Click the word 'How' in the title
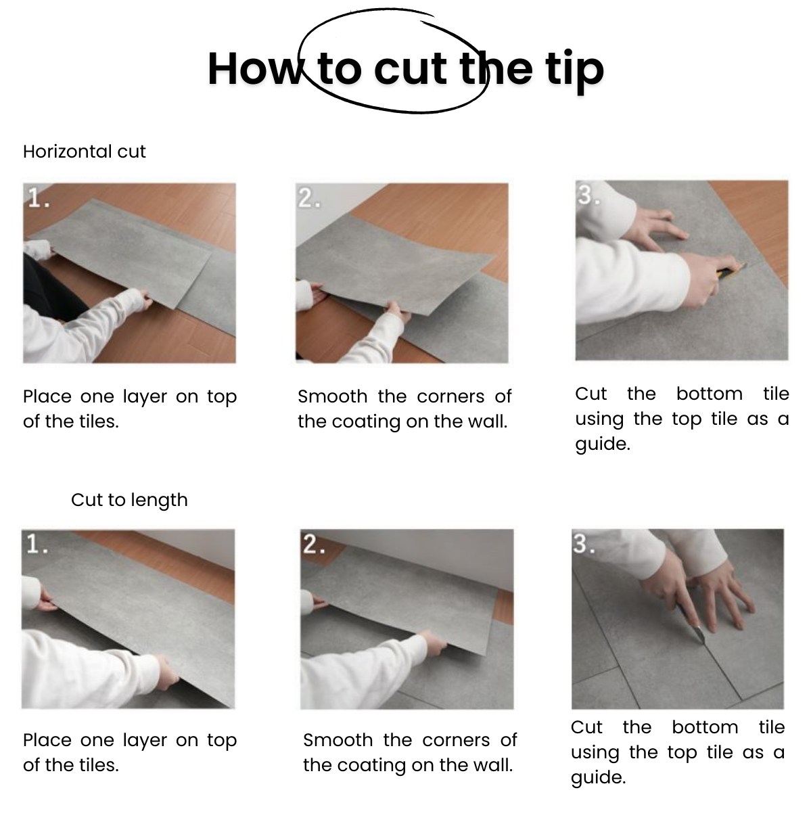tap(255, 69)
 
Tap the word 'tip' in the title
tap(575, 71)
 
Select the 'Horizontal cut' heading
tap(85, 152)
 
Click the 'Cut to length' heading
tap(129, 500)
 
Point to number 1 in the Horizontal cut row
tap(39, 198)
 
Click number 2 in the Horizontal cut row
tap(309, 198)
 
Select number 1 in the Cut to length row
tap(37, 544)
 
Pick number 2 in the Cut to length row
tap(314, 544)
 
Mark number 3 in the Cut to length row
tap(584, 544)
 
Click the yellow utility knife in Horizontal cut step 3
tap(731, 271)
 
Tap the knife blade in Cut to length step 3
tap(700, 636)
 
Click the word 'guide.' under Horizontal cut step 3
tap(603, 444)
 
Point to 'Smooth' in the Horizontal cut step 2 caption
tap(333, 396)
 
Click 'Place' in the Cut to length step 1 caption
tap(47, 740)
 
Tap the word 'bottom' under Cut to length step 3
tap(705, 727)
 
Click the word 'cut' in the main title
tap(411, 69)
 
